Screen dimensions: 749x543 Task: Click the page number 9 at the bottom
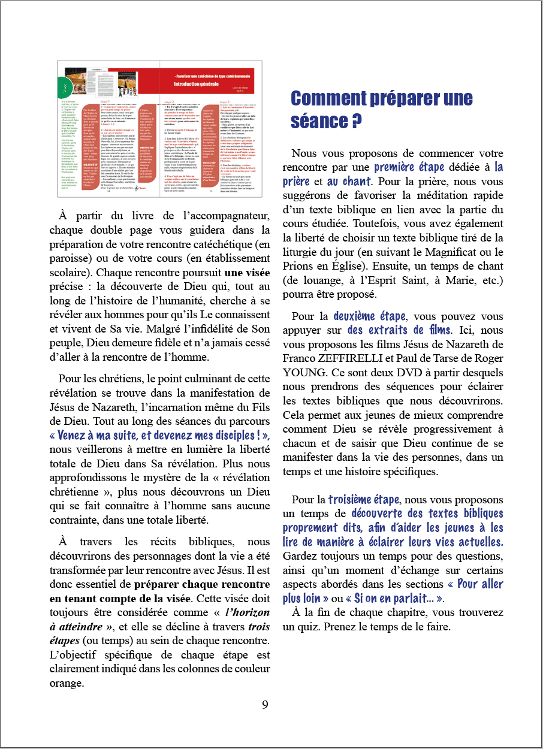pyautogui.click(x=265, y=704)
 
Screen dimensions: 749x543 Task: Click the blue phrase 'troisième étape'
pyautogui.click(x=365, y=499)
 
